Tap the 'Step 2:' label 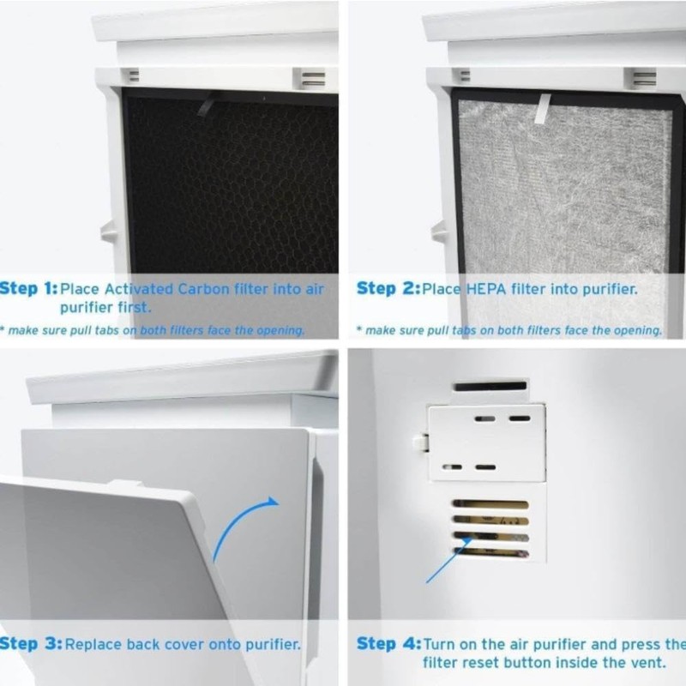386,289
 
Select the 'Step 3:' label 30,643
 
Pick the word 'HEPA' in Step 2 487,289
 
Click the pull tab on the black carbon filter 206,105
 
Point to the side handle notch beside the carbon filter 107,231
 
